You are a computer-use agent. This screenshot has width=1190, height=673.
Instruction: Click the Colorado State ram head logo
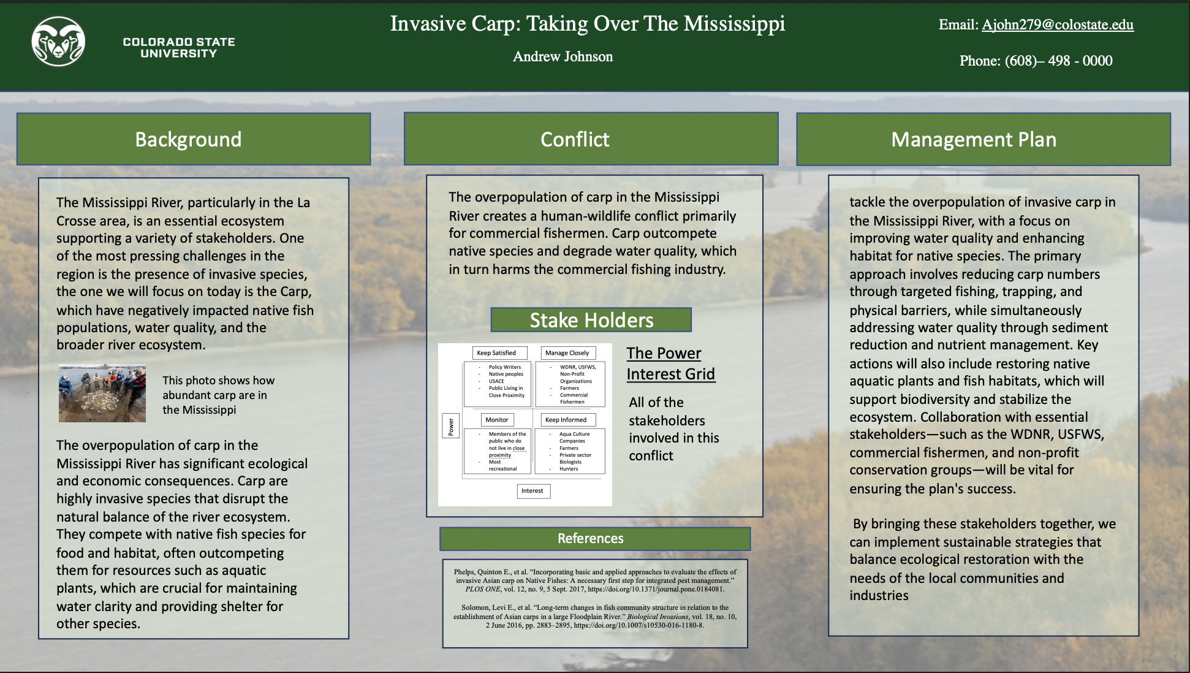point(58,42)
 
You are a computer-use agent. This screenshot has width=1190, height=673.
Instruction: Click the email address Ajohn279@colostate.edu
point(1057,25)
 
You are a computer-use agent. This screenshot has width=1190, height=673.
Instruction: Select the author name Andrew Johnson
point(563,56)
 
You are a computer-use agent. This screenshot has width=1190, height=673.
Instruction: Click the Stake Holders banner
point(591,320)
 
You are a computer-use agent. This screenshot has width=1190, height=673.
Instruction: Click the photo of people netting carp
point(102,393)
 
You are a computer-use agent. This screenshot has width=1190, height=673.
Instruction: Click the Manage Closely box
point(567,353)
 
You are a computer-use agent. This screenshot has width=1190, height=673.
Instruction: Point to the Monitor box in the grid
point(497,420)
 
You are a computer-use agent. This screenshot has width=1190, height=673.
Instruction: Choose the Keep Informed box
point(566,420)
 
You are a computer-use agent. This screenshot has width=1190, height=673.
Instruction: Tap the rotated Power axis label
point(450,426)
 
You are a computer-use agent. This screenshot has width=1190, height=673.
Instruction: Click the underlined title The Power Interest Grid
point(670,363)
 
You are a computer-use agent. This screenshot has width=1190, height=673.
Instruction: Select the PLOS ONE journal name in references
point(482,589)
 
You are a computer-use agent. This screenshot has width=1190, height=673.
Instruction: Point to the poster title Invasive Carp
point(587,23)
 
